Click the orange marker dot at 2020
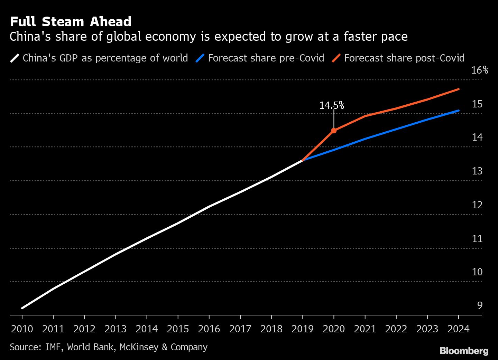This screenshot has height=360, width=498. pos(334,131)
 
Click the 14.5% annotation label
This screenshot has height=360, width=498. pos(331,105)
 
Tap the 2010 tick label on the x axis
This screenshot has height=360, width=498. pos(22,329)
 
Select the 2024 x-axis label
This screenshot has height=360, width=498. pos(458,329)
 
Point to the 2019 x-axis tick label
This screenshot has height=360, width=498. pos(303,329)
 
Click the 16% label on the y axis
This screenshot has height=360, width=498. pos(479,70)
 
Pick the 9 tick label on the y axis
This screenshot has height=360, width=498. pos(479,305)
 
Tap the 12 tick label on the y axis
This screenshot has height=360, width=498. pos(477,205)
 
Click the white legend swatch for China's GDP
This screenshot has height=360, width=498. pos(15,58)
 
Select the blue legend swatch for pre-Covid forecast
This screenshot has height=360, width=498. pos(200,58)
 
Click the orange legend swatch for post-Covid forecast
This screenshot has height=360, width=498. pos(336,58)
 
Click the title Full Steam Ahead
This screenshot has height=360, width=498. pos(71,22)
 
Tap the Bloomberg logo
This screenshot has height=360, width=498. pos(464,351)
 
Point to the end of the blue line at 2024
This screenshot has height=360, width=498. pos(458,111)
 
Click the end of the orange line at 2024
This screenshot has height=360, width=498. pos(458,89)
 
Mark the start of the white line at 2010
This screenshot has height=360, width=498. pos(22,308)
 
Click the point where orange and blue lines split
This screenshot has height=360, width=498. pos(303,160)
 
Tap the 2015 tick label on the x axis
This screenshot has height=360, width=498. pos(178,329)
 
